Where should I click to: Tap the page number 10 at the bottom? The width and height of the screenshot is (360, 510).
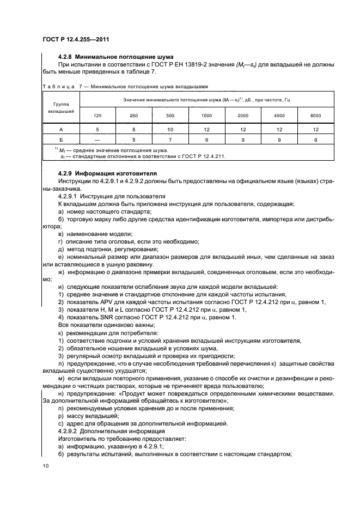45,465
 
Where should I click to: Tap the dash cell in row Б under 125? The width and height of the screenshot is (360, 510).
97,139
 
